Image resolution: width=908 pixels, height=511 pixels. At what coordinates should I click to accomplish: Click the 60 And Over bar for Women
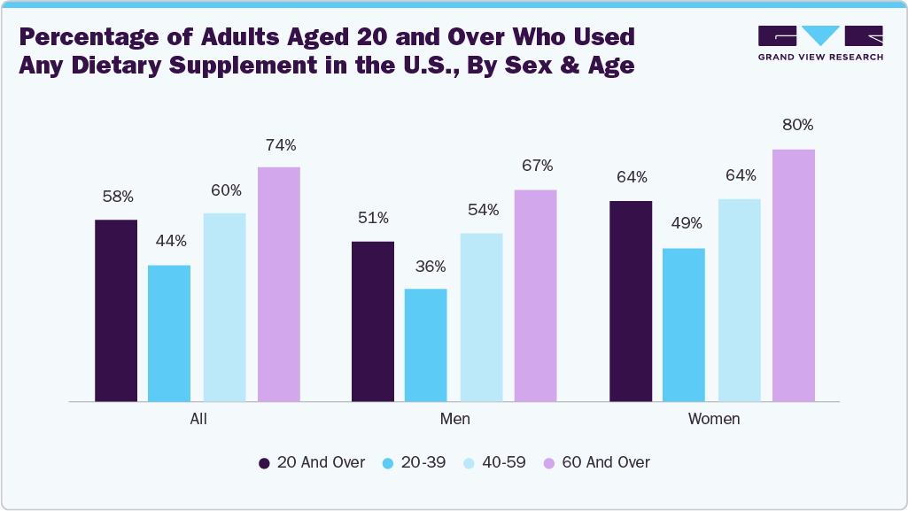click(x=793, y=275)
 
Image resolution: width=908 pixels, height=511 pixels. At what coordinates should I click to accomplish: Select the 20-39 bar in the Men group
click(x=425, y=345)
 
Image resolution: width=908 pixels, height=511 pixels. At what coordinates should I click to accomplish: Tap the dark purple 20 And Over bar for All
click(x=116, y=311)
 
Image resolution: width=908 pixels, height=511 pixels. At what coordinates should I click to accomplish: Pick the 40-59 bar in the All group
click(x=224, y=307)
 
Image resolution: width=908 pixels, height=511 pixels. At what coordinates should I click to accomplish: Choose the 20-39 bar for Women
click(x=683, y=325)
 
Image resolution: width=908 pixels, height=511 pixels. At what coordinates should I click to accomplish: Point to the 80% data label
click(x=796, y=125)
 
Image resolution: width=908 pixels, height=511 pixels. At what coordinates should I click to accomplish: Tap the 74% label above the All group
click(x=280, y=144)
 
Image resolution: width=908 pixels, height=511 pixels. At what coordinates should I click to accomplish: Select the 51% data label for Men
click(x=373, y=218)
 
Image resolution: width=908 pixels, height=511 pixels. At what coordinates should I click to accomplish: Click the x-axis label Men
click(x=455, y=419)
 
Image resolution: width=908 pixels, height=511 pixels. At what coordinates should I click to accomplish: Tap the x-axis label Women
click(x=714, y=419)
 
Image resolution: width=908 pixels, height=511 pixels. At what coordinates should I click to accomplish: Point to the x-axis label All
click(x=198, y=419)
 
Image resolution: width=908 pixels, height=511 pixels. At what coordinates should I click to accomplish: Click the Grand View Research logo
click(x=820, y=43)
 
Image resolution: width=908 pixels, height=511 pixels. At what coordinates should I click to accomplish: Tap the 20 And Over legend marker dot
click(x=264, y=463)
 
